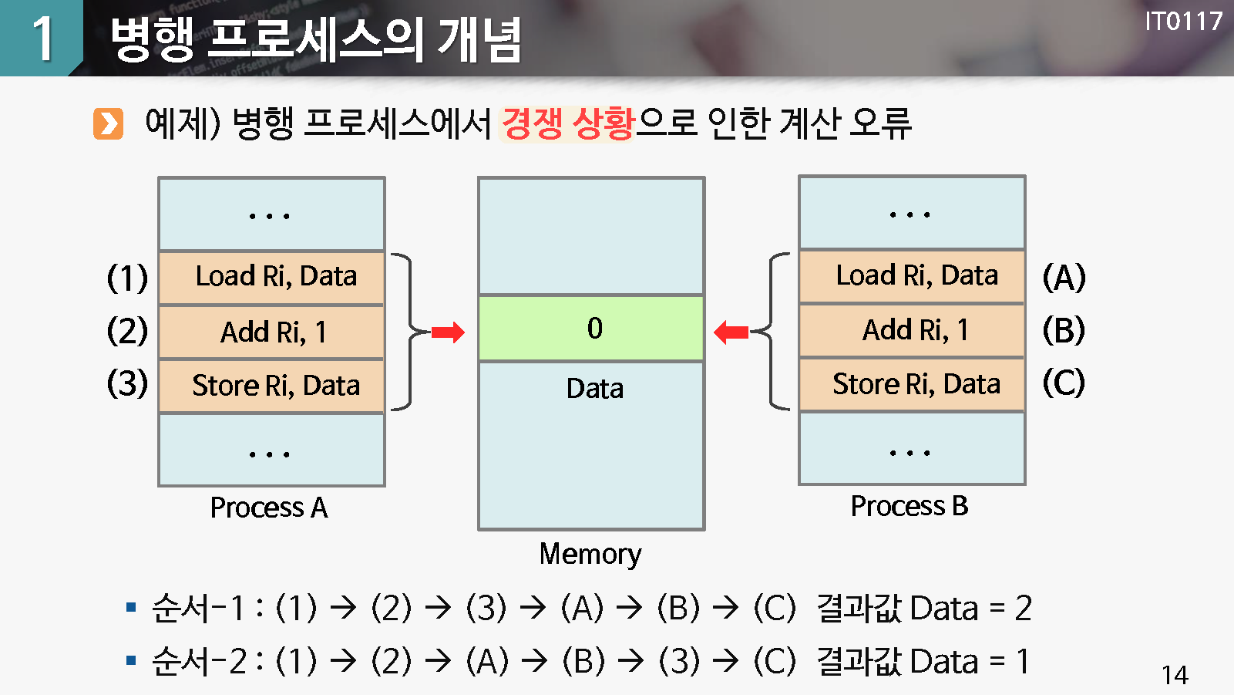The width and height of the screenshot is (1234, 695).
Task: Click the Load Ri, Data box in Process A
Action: click(271, 277)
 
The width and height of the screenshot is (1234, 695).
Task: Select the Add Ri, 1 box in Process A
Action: click(271, 332)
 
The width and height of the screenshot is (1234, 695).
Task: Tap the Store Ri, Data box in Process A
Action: click(271, 385)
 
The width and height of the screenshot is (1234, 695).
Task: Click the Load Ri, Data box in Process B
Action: click(912, 275)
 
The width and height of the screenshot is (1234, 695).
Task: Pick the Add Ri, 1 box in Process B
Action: click(912, 330)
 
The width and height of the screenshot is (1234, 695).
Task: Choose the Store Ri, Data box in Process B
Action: click(912, 383)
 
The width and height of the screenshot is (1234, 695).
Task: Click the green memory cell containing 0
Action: click(591, 329)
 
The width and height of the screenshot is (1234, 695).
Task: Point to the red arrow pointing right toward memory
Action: click(448, 332)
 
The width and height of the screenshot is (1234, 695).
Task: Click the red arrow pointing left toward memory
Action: click(731, 332)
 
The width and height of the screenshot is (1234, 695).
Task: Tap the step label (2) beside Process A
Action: click(127, 331)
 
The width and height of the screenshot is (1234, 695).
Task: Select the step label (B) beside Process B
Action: click(1064, 330)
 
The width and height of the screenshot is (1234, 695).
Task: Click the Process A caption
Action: click(269, 508)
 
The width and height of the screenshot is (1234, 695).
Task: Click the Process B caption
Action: click(910, 506)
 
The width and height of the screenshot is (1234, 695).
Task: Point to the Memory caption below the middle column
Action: click(590, 554)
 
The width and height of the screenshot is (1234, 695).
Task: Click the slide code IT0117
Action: click(1183, 21)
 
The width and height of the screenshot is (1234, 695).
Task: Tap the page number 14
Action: click(1175, 676)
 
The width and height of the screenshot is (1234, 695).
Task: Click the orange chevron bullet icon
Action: click(108, 123)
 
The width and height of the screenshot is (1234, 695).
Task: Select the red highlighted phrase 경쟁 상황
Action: click(567, 123)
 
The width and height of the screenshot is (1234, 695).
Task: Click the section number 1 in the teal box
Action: click(42, 38)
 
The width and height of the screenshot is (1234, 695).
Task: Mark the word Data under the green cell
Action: click(594, 388)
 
